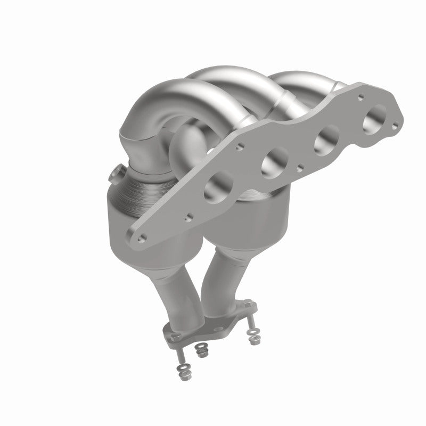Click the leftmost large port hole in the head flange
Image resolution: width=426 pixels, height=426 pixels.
click(217, 186)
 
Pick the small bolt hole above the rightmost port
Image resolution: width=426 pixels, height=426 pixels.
click(362, 97)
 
